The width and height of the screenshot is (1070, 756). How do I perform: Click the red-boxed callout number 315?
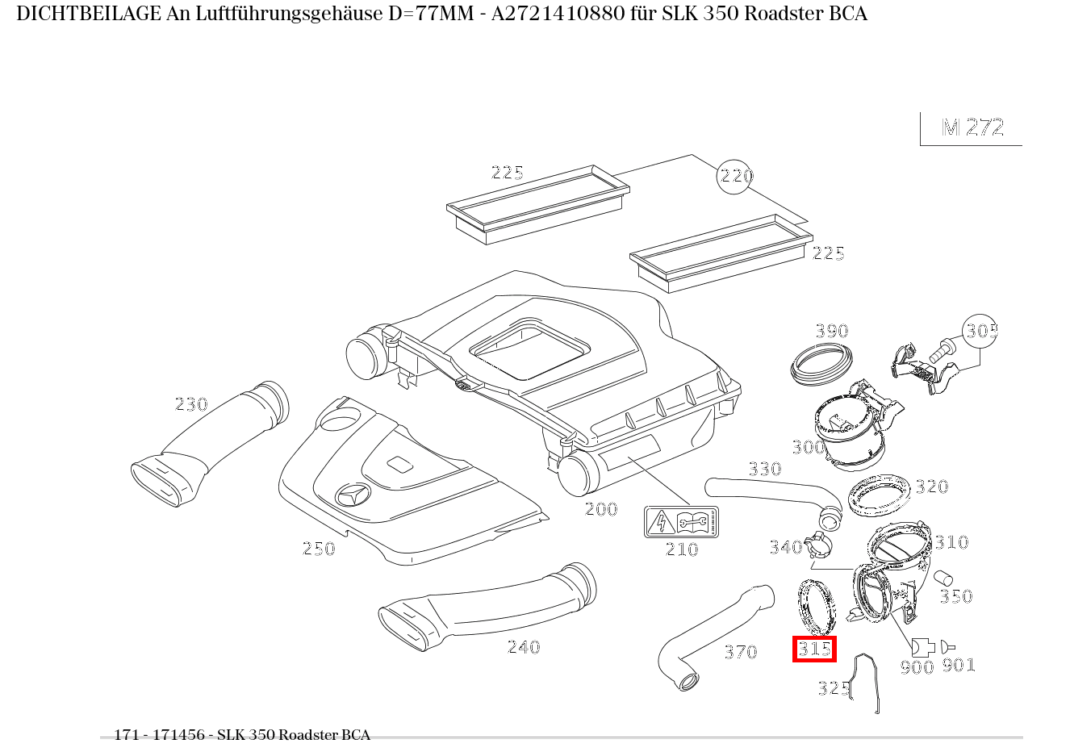814,649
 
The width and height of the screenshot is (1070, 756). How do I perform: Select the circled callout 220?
734,176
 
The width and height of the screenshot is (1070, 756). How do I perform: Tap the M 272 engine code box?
972,128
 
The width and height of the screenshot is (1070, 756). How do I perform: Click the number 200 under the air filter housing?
600,509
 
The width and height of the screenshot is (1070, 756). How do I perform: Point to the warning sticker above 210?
681,522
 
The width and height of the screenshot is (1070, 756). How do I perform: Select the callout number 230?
191,404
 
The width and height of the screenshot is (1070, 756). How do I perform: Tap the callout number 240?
523,647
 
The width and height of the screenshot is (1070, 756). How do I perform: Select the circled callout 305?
980,331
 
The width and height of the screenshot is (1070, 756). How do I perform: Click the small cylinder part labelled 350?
943,578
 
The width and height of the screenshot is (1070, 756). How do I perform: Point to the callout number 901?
959,665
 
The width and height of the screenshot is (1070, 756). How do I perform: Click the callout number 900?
916,666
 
